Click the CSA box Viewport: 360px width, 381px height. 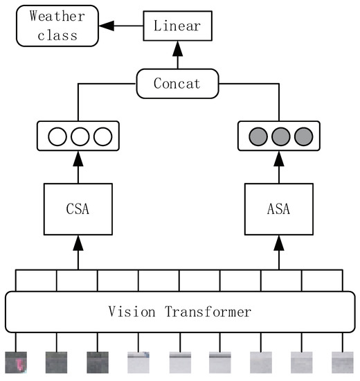[78, 208]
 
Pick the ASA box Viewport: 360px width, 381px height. [280, 208]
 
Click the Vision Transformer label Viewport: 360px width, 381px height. [180, 312]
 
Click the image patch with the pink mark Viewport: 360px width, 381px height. [17, 362]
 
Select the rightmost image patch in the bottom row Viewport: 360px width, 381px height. [342, 362]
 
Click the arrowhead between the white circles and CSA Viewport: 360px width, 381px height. [78, 159]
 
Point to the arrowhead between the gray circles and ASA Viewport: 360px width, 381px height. [280, 159]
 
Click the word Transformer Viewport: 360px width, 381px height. [208, 312]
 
